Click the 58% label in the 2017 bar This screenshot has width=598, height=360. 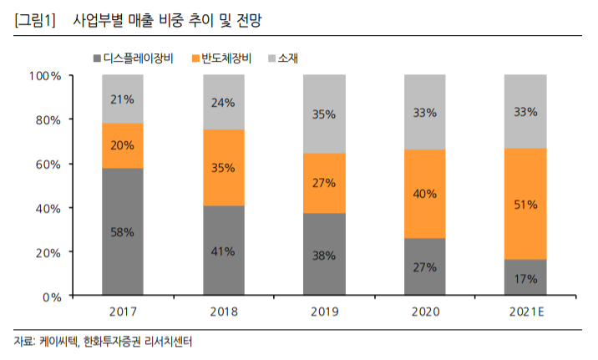[x=123, y=232]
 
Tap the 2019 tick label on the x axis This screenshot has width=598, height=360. [x=323, y=312]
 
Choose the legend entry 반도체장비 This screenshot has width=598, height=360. [x=229, y=58]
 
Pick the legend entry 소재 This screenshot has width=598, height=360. [x=288, y=58]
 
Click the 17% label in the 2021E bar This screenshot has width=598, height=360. [x=525, y=279]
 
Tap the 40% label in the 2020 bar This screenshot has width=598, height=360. [x=424, y=194]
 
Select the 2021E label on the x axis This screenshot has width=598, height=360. [x=525, y=312]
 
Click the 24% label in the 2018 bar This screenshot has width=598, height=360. [x=223, y=103]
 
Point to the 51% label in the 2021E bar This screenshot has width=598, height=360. [x=525, y=204]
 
